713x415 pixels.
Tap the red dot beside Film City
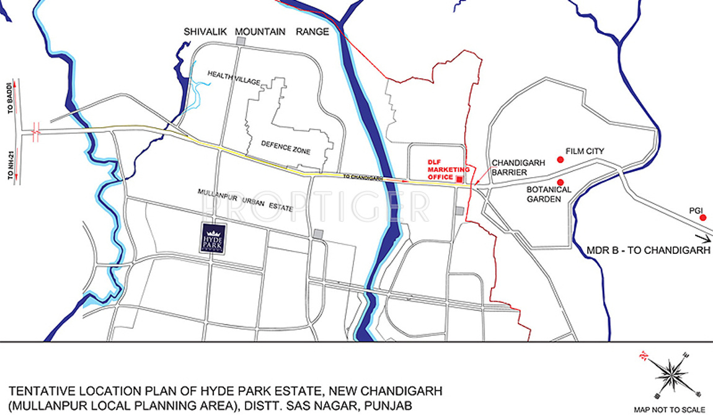pos(560,159)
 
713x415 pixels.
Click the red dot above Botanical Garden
pos(560,182)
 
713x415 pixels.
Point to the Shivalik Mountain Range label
pos(256,32)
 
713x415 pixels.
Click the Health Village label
pos(234,75)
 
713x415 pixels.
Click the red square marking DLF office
pos(459,179)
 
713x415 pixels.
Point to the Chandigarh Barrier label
pos(518,167)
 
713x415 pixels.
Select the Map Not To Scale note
pos(669,409)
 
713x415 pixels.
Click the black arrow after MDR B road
pos(704,238)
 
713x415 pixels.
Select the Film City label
pos(585,151)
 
